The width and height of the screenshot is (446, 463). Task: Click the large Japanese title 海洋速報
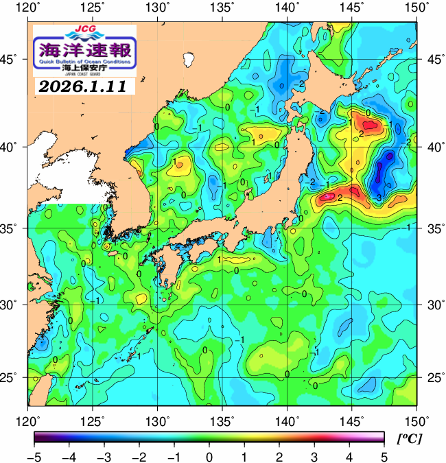coord(84,49)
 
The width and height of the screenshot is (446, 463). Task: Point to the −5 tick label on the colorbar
coord(34,456)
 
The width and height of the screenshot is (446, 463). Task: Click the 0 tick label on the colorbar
coord(209,456)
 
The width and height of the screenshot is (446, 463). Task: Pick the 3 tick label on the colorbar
coord(314,456)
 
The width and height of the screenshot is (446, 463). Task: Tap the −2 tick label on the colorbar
coord(139,456)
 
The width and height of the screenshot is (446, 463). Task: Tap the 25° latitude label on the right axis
coord(433,378)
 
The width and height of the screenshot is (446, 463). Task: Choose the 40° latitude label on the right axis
coord(433,147)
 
